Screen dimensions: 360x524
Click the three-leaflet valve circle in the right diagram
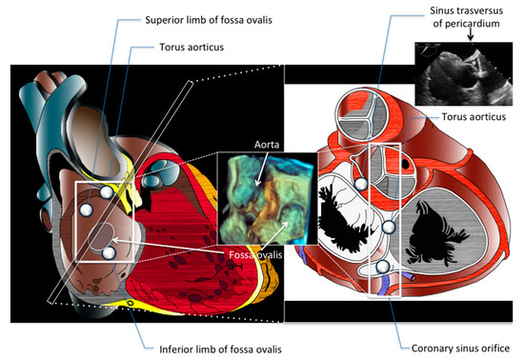367,113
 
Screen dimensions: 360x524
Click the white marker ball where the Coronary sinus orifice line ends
382,269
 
